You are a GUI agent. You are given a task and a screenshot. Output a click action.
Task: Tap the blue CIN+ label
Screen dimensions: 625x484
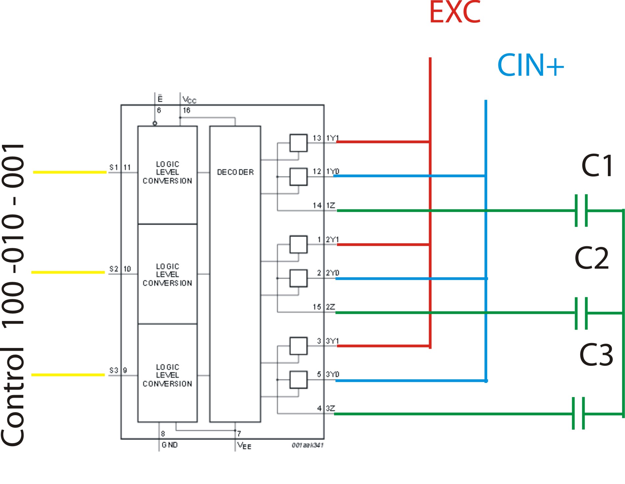click(x=531, y=65)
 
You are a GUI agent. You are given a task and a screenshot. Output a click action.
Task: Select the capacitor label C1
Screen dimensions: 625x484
click(x=597, y=166)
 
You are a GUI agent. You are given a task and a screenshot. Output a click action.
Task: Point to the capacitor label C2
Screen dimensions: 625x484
click(x=592, y=258)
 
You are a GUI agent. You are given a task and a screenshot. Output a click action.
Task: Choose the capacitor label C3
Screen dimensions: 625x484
click(x=596, y=355)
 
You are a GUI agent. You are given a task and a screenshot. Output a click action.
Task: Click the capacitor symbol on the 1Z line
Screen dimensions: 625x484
click(x=581, y=211)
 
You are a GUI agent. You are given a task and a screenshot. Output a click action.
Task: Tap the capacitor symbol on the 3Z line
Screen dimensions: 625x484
click(x=579, y=414)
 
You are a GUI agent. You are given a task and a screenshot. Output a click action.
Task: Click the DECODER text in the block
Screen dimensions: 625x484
click(x=235, y=172)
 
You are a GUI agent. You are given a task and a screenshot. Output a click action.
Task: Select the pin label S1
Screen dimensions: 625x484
click(x=114, y=167)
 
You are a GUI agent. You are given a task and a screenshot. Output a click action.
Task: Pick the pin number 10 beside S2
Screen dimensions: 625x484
click(x=127, y=269)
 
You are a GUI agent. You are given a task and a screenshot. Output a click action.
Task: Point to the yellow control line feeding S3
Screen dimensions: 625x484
click(x=68, y=375)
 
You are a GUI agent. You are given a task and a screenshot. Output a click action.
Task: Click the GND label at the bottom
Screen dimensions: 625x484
click(x=170, y=445)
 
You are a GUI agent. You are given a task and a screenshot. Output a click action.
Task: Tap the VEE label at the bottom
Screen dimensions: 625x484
click(x=244, y=446)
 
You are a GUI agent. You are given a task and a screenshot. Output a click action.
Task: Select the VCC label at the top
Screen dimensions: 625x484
click(x=189, y=99)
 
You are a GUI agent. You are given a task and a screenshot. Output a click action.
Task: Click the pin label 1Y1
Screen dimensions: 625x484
click(x=332, y=138)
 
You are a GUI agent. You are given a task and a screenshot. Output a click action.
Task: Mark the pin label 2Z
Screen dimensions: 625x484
click(x=330, y=307)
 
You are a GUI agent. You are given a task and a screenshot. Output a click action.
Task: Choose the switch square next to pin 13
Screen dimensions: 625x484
click(x=299, y=143)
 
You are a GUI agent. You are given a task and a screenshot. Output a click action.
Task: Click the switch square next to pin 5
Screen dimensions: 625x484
click(x=299, y=380)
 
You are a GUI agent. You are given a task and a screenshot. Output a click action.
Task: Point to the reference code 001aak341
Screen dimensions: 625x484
click(x=308, y=445)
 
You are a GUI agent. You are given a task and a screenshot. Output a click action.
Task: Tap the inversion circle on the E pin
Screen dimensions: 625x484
click(x=155, y=123)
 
